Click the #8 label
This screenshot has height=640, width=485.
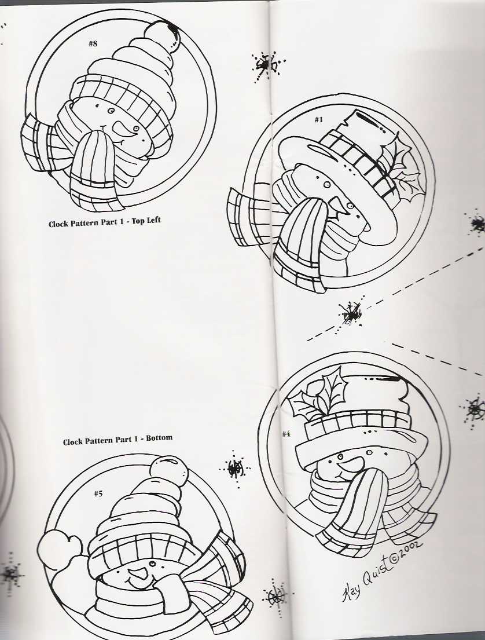coord(93,45)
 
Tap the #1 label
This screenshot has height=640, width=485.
coord(318,120)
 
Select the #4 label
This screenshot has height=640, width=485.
coord(286,434)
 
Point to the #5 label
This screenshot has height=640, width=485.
coord(98,493)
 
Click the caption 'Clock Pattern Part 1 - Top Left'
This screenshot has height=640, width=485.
coord(104,223)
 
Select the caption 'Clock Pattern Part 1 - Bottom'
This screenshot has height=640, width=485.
coord(117,440)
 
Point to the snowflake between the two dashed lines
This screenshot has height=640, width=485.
coord(351,313)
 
